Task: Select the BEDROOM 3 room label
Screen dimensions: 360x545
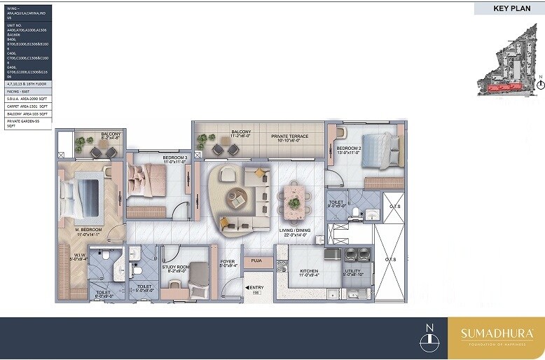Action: pos(175,158)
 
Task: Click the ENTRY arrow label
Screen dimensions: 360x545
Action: pos(254,288)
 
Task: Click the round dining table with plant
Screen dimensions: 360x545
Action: pos(294,202)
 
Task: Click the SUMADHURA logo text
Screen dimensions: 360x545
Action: pos(496,333)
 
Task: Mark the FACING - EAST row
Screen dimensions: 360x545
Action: pos(25,92)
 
